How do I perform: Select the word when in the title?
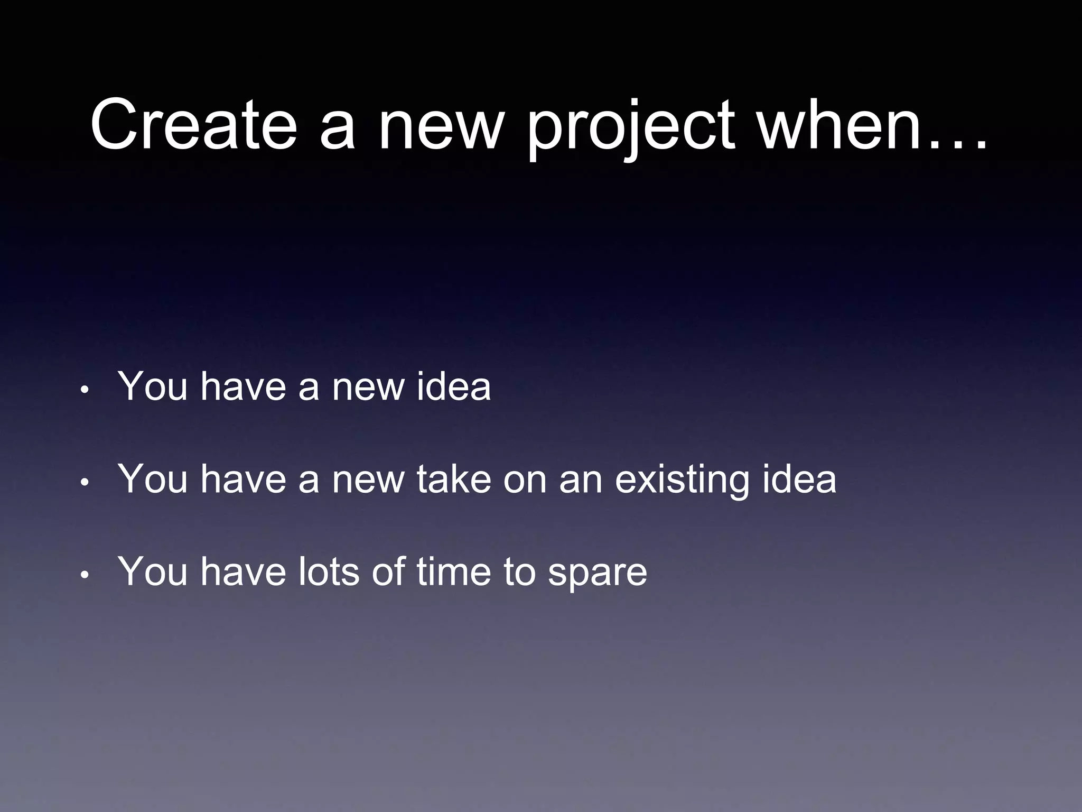pos(840,126)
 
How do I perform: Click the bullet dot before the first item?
pos(85,391)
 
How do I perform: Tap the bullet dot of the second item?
pos(85,483)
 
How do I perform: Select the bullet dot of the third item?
pos(85,575)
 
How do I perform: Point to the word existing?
pos(682,479)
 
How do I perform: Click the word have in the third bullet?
pos(243,571)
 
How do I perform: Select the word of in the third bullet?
pos(388,571)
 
